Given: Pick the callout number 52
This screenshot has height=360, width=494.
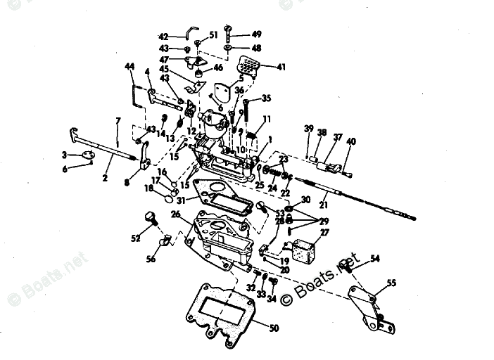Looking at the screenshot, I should pyautogui.click(x=136, y=238).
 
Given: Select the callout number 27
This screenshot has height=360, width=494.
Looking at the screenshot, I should pyautogui.click(x=324, y=232).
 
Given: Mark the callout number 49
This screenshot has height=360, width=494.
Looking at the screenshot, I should pyautogui.click(x=256, y=34).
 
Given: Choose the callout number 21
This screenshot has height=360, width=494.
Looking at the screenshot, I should pyautogui.click(x=324, y=205).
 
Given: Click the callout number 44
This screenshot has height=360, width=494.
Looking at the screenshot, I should pyautogui.click(x=129, y=66).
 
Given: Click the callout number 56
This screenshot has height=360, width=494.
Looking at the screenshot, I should pyautogui.click(x=151, y=259).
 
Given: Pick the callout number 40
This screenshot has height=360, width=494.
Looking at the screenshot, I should pyautogui.click(x=351, y=141).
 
